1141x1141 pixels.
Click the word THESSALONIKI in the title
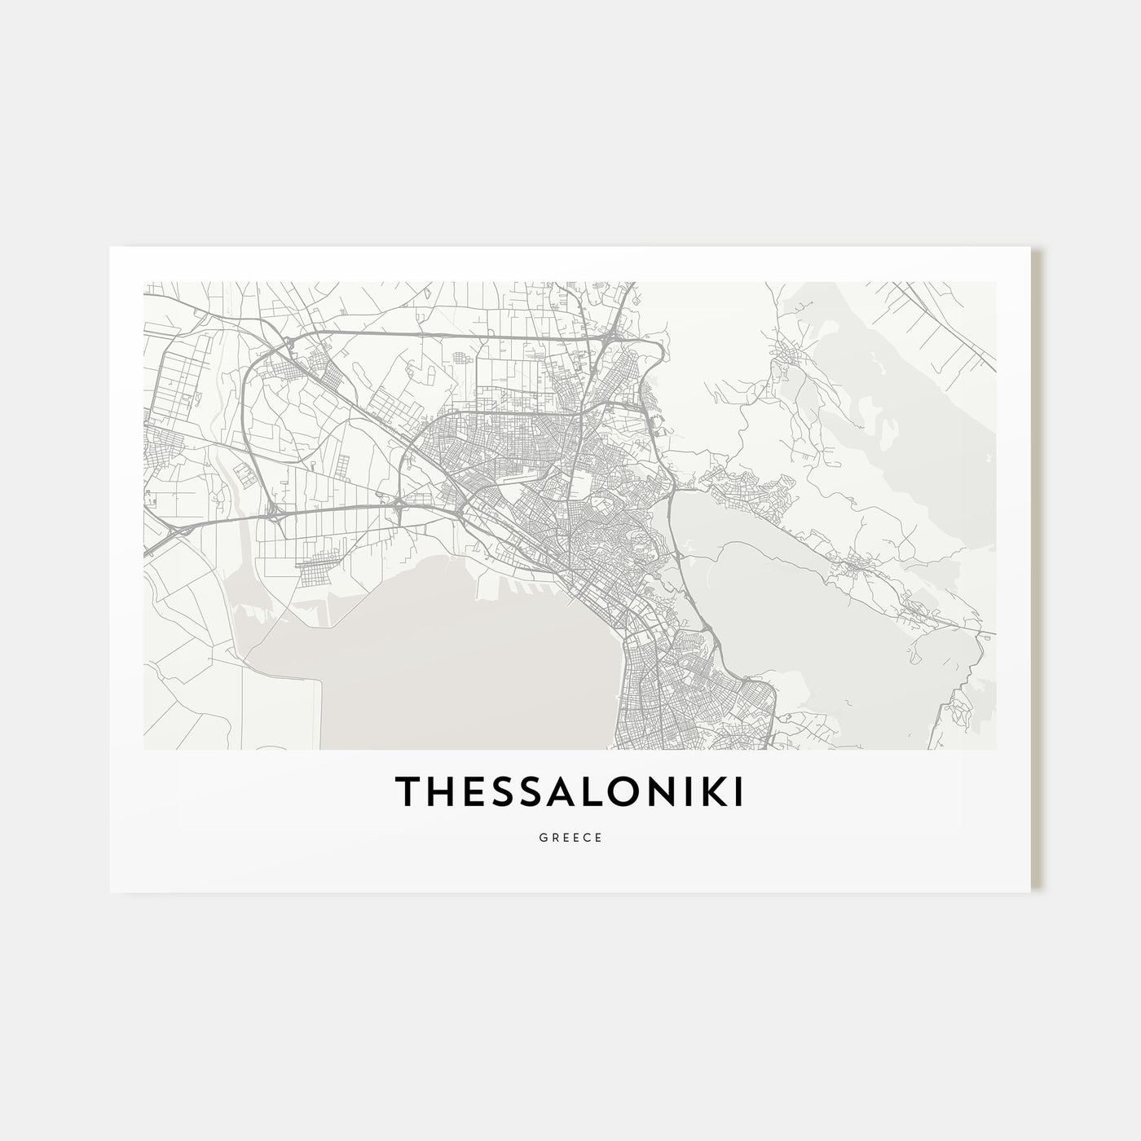(x=569, y=792)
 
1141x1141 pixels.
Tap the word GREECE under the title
(x=570, y=837)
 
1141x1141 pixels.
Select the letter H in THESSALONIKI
(x=440, y=792)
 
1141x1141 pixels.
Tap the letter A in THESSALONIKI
(x=555, y=792)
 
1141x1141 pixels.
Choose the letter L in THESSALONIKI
(x=585, y=792)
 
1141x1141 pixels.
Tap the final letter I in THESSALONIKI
(x=738, y=792)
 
